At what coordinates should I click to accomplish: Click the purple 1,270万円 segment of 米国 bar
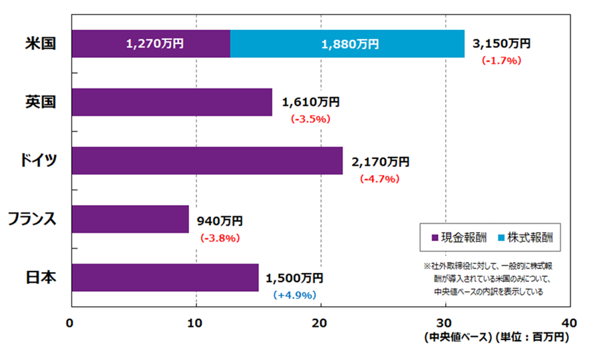(150, 44)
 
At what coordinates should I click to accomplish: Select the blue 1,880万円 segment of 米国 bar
(347, 44)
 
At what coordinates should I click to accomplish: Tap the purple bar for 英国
(171, 102)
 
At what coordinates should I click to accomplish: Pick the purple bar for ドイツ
(206, 160)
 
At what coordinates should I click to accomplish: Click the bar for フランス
(129, 219)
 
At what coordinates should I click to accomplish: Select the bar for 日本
(164, 277)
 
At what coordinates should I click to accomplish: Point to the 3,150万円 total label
(501, 44)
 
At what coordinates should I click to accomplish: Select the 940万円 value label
(220, 220)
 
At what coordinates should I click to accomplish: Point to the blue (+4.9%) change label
(294, 295)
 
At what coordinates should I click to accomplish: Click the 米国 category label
(39, 44)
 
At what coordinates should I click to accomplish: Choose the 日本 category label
(39, 277)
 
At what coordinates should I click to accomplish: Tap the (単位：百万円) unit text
(532, 337)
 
